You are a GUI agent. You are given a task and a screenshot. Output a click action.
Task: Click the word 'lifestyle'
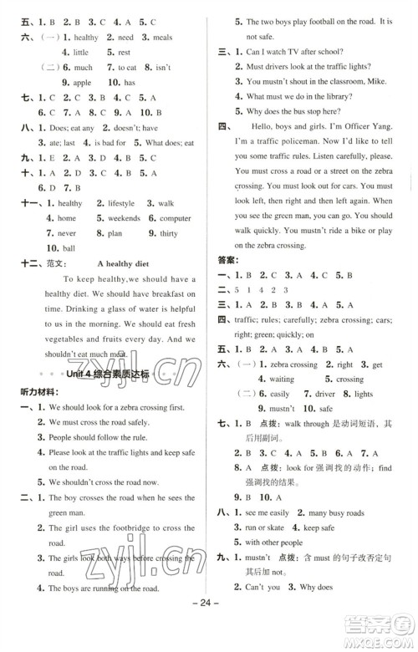115,202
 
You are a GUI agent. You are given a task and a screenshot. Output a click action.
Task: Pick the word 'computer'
174,218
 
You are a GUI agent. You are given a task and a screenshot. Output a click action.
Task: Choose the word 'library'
354,96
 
